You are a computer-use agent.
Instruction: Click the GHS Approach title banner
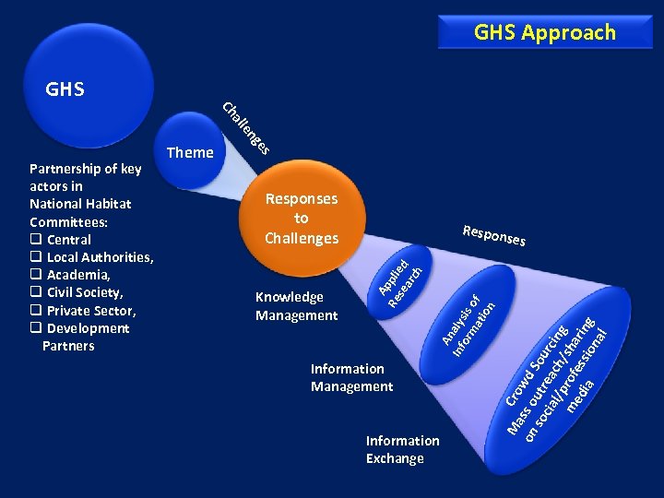(544, 32)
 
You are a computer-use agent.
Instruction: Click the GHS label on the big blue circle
(65, 89)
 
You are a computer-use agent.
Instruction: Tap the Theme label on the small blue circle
(190, 152)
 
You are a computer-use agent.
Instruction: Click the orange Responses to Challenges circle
(302, 219)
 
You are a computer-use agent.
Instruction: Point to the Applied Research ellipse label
(401, 279)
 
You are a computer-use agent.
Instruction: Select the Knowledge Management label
(296, 306)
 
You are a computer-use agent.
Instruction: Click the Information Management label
(351, 377)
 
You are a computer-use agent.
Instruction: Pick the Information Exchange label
(402, 449)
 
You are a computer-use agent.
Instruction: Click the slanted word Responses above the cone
(494, 235)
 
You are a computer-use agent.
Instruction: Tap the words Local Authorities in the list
(100, 257)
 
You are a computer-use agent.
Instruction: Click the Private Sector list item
(90, 311)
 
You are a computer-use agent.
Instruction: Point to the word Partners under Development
(68, 346)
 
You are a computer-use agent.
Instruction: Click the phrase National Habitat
(80, 204)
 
